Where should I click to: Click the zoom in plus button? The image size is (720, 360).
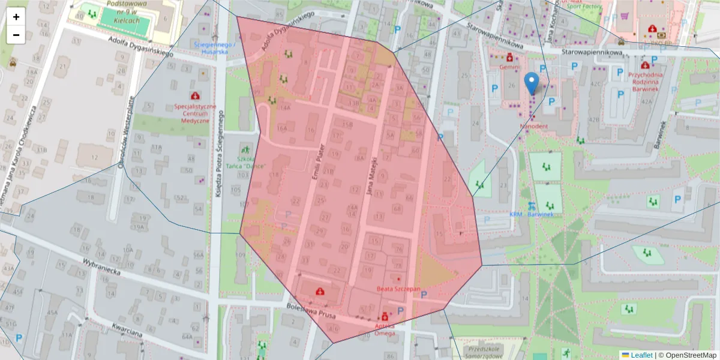(x=16, y=17)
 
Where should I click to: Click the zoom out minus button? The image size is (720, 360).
(x=16, y=35)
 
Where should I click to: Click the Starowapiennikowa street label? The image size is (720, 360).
(x=592, y=53)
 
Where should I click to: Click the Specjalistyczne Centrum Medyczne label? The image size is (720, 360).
(x=195, y=113)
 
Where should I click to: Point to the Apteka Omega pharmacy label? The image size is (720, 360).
(x=385, y=329)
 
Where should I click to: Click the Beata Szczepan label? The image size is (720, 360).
(x=398, y=289)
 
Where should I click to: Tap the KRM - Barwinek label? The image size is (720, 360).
(x=536, y=214)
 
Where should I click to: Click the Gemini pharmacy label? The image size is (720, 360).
(x=509, y=68)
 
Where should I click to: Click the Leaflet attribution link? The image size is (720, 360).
(x=641, y=355)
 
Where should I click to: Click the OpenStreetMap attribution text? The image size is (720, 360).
(x=690, y=355)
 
